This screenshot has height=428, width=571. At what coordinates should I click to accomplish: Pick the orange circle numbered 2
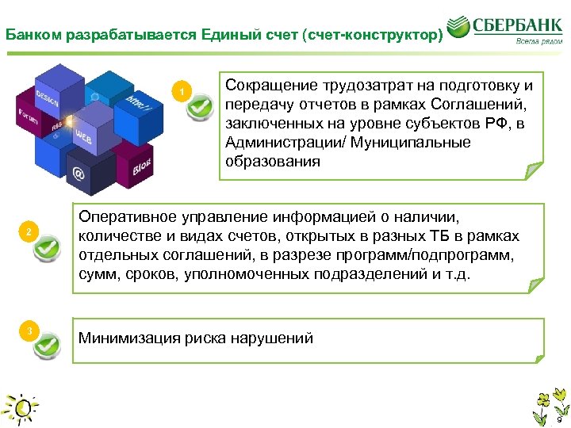[28, 231]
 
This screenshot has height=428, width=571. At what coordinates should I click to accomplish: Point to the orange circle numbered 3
[28, 330]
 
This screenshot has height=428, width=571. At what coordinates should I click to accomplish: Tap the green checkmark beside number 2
[45, 248]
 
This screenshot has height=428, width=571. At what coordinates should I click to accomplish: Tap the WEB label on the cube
[83, 136]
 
